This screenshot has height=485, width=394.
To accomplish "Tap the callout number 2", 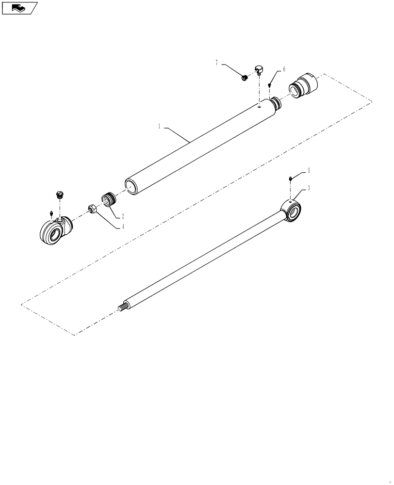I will point(123,216).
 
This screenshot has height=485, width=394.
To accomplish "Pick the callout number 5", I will point(308,171).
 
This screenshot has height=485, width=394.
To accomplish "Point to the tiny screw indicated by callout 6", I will point(269,85).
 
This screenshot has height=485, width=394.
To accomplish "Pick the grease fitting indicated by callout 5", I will point(290,179).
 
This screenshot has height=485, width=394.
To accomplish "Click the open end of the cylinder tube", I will point(131,186).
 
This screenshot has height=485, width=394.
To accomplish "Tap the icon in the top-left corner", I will point(19,8).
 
